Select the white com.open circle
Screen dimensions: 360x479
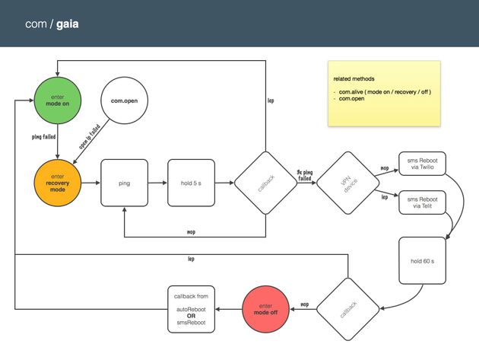coord(128,101)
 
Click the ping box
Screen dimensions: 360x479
coord(125,183)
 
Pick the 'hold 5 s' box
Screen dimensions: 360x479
coord(192,183)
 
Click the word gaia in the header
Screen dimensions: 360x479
coord(65,24)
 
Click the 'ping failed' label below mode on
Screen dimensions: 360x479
coord(43,137)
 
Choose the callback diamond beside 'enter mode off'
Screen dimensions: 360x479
coord(347,309)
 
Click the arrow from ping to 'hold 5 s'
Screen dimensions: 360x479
coord(157,183)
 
